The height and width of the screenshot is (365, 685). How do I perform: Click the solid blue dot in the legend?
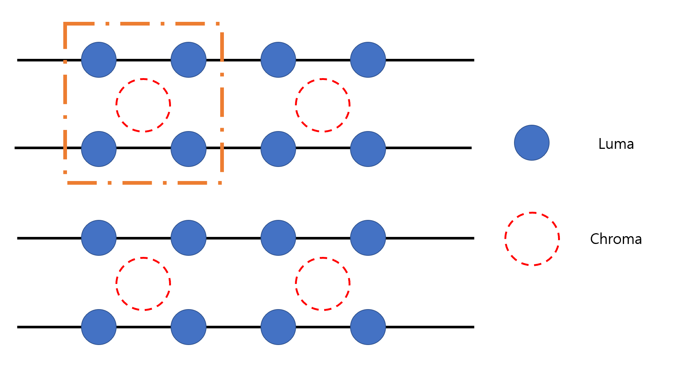(x=531, y=143)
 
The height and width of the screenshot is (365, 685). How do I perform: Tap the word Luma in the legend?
(x=616, y=144)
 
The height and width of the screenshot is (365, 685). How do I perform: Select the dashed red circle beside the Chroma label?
(x=532, y=239)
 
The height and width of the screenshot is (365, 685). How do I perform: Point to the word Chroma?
(x=616, y=239)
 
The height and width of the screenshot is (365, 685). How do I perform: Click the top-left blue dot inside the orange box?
(x=99, y=60)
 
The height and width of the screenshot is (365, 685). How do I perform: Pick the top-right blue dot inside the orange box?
(x=188, y=60)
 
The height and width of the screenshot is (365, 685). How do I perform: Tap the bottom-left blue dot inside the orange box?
(x=99, y=149)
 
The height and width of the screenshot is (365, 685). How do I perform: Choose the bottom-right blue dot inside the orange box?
(x=188, y=149)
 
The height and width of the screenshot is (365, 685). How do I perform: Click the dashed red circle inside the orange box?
(x=143, y=105)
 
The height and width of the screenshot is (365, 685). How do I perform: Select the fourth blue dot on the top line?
(x=368, y=60)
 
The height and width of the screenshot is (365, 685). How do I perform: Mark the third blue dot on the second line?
(x=278, y=149)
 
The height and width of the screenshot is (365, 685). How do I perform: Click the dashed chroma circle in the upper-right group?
(x=323, y=105)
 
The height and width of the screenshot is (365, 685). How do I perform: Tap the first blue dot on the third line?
(x=99, y=238)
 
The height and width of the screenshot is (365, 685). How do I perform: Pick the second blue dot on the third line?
(x=188, y=238)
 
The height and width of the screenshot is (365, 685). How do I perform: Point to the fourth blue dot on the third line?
(x=368, y=238)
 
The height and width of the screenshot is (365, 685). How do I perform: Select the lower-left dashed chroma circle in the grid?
(x=143, y=284)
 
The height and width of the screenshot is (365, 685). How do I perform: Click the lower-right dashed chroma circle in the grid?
(x=323, y=284)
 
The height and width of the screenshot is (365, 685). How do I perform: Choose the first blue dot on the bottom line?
(x=99, y=327)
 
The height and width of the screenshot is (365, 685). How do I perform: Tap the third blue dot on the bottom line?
(x=278, y=327)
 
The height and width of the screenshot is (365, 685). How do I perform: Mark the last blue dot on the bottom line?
(x=368, y=327)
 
